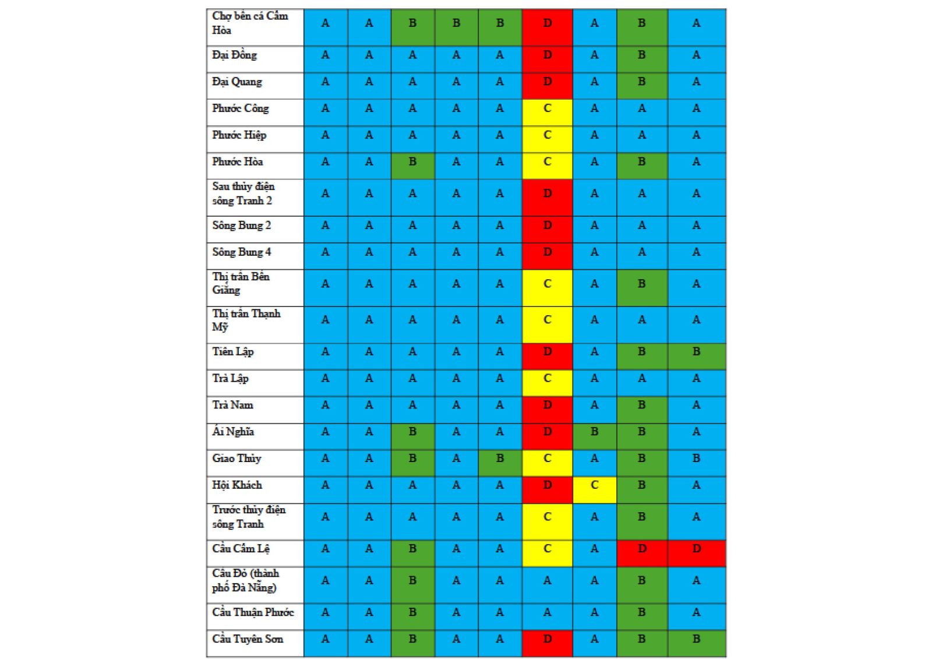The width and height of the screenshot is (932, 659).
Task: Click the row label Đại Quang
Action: pos(237,82)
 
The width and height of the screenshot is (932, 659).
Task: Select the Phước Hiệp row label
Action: pos(239,135)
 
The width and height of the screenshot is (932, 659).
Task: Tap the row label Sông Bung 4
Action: pos(241,252)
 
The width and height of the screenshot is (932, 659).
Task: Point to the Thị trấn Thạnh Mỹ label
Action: pos(246,320)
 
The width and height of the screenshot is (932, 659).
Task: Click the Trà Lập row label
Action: pos(230,379)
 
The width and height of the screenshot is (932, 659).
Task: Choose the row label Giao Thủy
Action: pos(236,459)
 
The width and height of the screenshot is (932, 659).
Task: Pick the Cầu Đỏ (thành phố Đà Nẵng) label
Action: pos(245,581)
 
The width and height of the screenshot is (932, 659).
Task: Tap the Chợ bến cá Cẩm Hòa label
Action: pos(250,23)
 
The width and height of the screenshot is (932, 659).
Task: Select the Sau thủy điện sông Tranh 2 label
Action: pos(243,193)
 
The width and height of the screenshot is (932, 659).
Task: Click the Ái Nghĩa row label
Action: pos(233,432)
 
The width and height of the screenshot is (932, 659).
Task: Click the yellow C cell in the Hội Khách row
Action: pos(594,485)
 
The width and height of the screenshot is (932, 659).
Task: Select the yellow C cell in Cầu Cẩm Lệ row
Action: pos(547,549)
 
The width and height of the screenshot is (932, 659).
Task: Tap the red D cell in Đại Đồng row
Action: pos(547,55)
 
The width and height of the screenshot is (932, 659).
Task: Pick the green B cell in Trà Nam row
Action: pos(641,406)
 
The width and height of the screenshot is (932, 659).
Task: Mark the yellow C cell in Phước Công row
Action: pos(547,108)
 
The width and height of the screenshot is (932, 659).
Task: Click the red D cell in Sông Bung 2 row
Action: pos(547,225)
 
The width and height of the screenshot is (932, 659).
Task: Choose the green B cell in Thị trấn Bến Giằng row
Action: pos(641,284)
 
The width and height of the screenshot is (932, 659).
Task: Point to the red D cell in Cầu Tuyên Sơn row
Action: pos(547,639)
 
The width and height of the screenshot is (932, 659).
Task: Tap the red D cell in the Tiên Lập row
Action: pos(547,352)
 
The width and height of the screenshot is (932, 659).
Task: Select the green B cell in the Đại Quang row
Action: pos(641,82)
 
